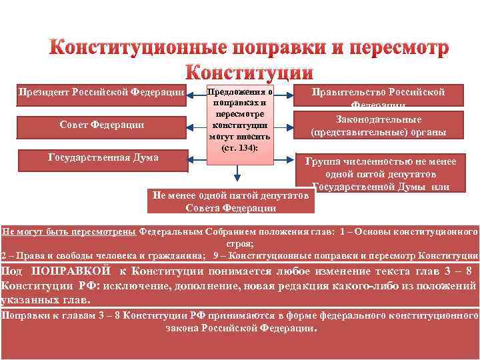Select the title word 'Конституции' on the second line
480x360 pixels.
pos(249,72)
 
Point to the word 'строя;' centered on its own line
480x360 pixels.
pos(239,244)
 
